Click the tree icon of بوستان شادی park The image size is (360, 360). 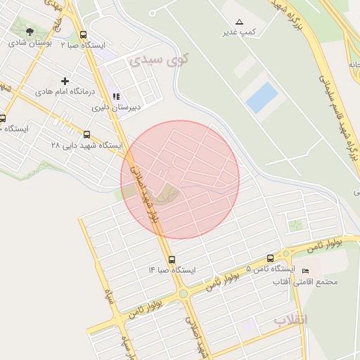click(x=30, y=32)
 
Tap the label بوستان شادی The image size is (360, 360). click(x=28, y=43)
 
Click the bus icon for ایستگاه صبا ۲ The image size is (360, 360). click(x=84, y=34)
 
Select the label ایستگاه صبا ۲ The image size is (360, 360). click(x=82, y=45)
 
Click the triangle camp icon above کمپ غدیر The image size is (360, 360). click(x=239, y=22)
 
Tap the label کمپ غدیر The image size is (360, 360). click(x=238, y=32)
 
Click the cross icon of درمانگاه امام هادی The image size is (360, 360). click(x=66, y=82)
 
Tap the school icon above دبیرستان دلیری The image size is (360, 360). click(x=116, y=97)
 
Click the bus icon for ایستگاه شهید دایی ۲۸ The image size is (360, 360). click(x=86, y=134)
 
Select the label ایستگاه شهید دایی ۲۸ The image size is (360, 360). click(x=86, y=145)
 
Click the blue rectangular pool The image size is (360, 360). click(x=262, y=98)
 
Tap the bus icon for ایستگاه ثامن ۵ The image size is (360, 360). click(x=271, y=259)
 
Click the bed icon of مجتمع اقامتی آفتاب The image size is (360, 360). click(x=304, y=271)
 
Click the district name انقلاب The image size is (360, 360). click(x=290, y=320)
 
